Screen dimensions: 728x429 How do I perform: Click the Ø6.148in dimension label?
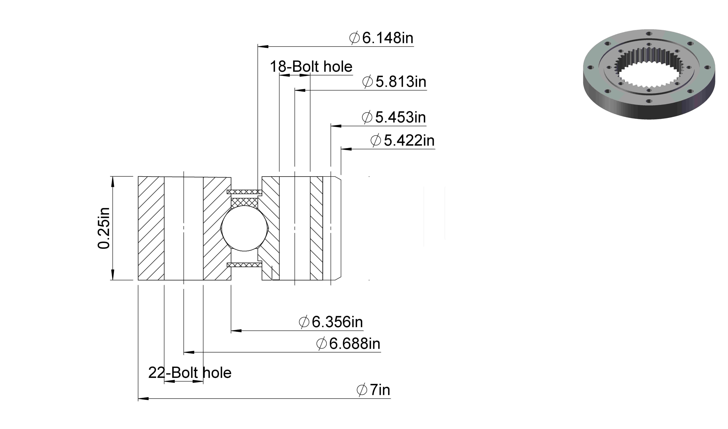tap(381, 38)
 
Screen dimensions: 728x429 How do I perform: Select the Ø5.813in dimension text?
tap(394, 82)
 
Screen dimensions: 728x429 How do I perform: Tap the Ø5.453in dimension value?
tap(394, 117)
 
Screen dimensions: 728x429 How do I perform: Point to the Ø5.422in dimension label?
tap(402, 141)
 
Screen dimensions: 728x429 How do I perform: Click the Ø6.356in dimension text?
tap(331, 322)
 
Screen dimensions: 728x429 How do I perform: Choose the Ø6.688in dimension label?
tap(348, 344)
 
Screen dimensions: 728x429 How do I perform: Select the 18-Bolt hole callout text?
tap(311, 67)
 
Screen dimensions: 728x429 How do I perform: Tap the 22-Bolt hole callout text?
tap(190, 373)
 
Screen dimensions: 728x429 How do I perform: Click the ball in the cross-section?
tap(244, 228)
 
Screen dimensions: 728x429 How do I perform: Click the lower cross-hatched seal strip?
tap(244, 265)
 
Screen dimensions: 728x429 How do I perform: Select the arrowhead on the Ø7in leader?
tap(143, 399)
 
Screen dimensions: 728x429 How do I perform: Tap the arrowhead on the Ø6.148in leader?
tap(263, 46)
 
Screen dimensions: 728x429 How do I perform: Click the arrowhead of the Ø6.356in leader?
tap(236, 330)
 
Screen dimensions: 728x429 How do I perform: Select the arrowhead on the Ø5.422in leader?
tap(346, 149)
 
